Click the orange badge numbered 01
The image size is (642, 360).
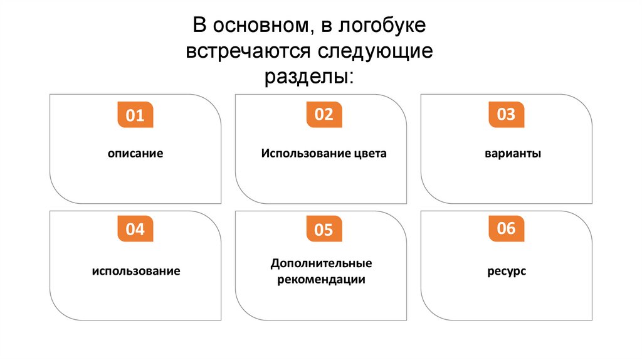tap(135, 116)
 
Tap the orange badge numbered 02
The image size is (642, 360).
tap(324, 115)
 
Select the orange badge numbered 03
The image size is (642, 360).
tap(506, 115)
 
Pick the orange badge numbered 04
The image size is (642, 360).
tap(135, 229)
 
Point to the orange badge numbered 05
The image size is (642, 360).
tap(324, 230)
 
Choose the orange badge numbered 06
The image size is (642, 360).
tap(506, 228)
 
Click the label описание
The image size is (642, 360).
tap(135, 153)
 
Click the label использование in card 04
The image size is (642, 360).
tap(135, 272)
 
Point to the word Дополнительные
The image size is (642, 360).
tap(321, 263)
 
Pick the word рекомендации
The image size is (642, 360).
tap(321, 280)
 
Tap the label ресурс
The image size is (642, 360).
tap(506, 272)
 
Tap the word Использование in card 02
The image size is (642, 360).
tap(302, 153)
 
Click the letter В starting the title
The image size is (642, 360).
tap(199, 26)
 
